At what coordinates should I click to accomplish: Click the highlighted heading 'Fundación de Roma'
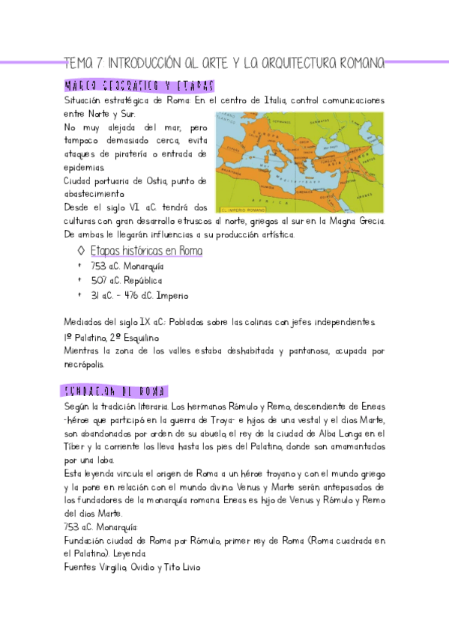point(115,392)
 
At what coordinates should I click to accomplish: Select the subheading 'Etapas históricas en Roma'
point(146,252)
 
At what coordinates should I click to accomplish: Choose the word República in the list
point(143,281)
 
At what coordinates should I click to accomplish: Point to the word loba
point(102,460)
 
